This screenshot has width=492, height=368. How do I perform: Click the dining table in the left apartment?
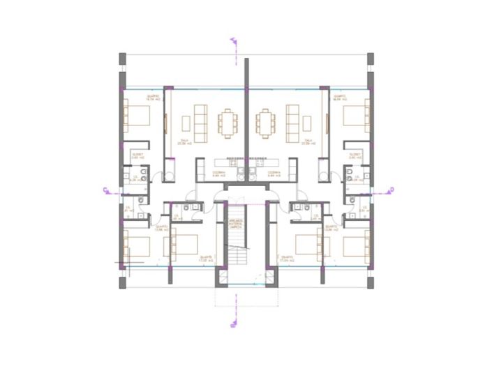pos(228,123)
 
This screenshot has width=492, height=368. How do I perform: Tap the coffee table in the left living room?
pos(186,123)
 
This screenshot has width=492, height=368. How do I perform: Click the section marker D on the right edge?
pos(392,189)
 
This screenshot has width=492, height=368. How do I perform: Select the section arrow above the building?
pos(233,42)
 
